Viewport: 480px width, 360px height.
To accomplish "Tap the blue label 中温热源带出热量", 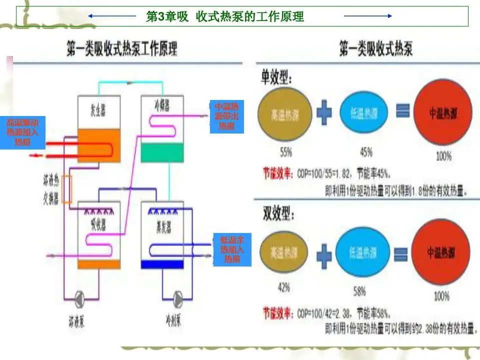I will pyautogui.click(x=226, y=116).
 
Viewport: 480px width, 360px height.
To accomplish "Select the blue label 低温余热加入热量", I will pyautogui.click(x=232, y=249).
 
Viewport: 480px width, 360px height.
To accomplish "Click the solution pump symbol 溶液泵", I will pyautogui.click(x=80, y=299).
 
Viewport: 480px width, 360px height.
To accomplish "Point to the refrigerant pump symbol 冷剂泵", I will pyautogui.click(x=178, y=299).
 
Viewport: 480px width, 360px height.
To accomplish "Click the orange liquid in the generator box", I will pyautogui.click(x=99, y=145).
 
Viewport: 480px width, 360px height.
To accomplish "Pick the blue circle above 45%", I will pyautogui.click(x=363, y=113).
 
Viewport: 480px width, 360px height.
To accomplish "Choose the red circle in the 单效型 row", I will pyautogui.click(x=442, y=113).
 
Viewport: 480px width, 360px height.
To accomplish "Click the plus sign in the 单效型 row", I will pyautogui.click(x=324, y=114).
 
